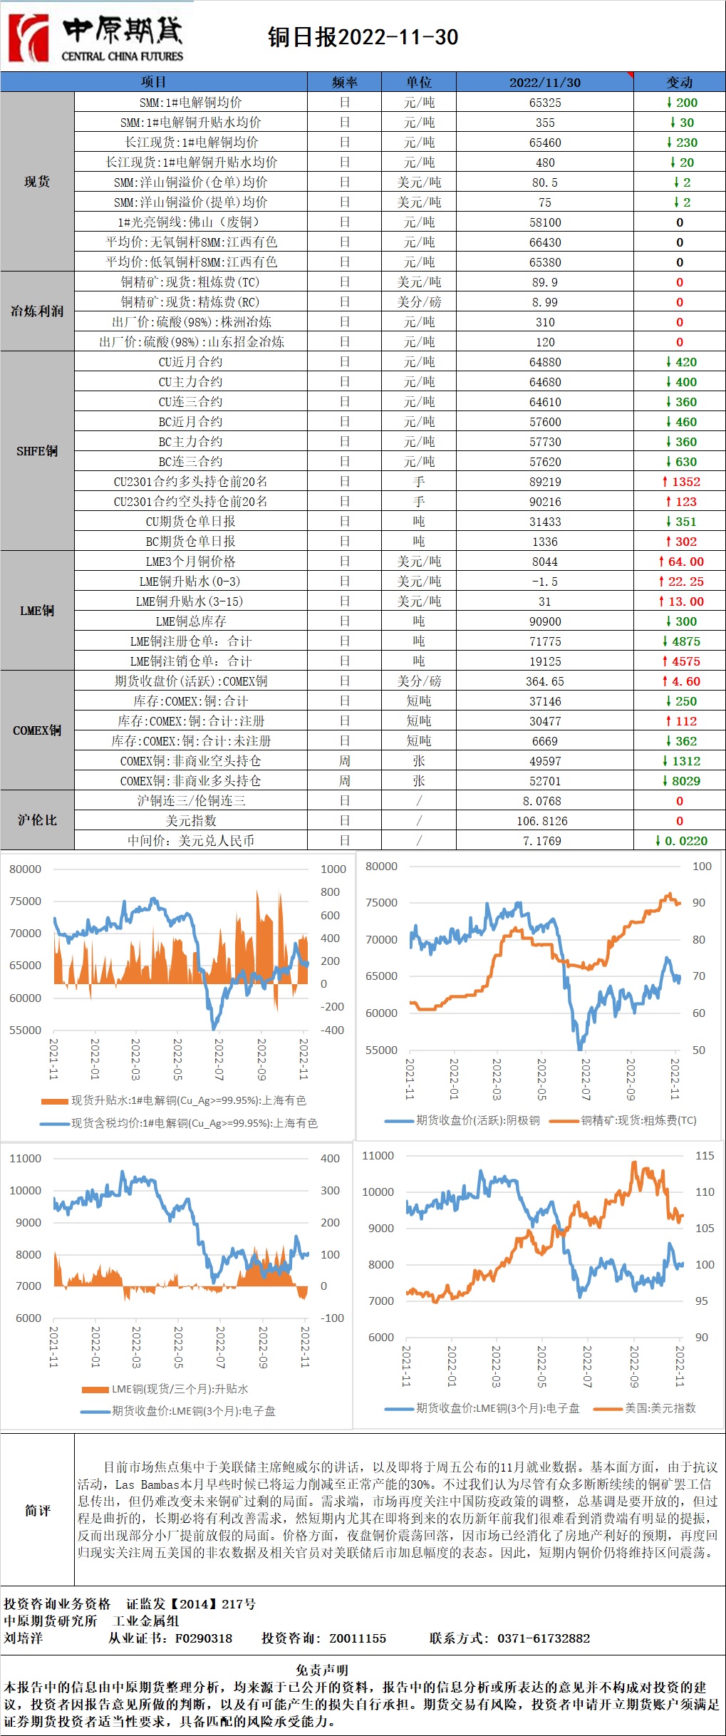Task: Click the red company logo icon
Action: [x=28, y=37]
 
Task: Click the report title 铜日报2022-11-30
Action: [x=363, y=37]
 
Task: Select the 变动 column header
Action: [x=679, y=82]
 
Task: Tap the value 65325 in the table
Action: [x=545, y=103]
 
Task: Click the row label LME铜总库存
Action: [x=191, y=621]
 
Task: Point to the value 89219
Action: [x=545, y=482]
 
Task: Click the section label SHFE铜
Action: [x=37, y=451]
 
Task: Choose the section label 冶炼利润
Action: [x=37, y=311]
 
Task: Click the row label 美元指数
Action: [x=191, y=821]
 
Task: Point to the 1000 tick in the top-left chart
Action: [x=333, y=869]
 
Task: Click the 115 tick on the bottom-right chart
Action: [x=704, y=1155]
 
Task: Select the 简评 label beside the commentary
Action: [x=37, y=1510]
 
